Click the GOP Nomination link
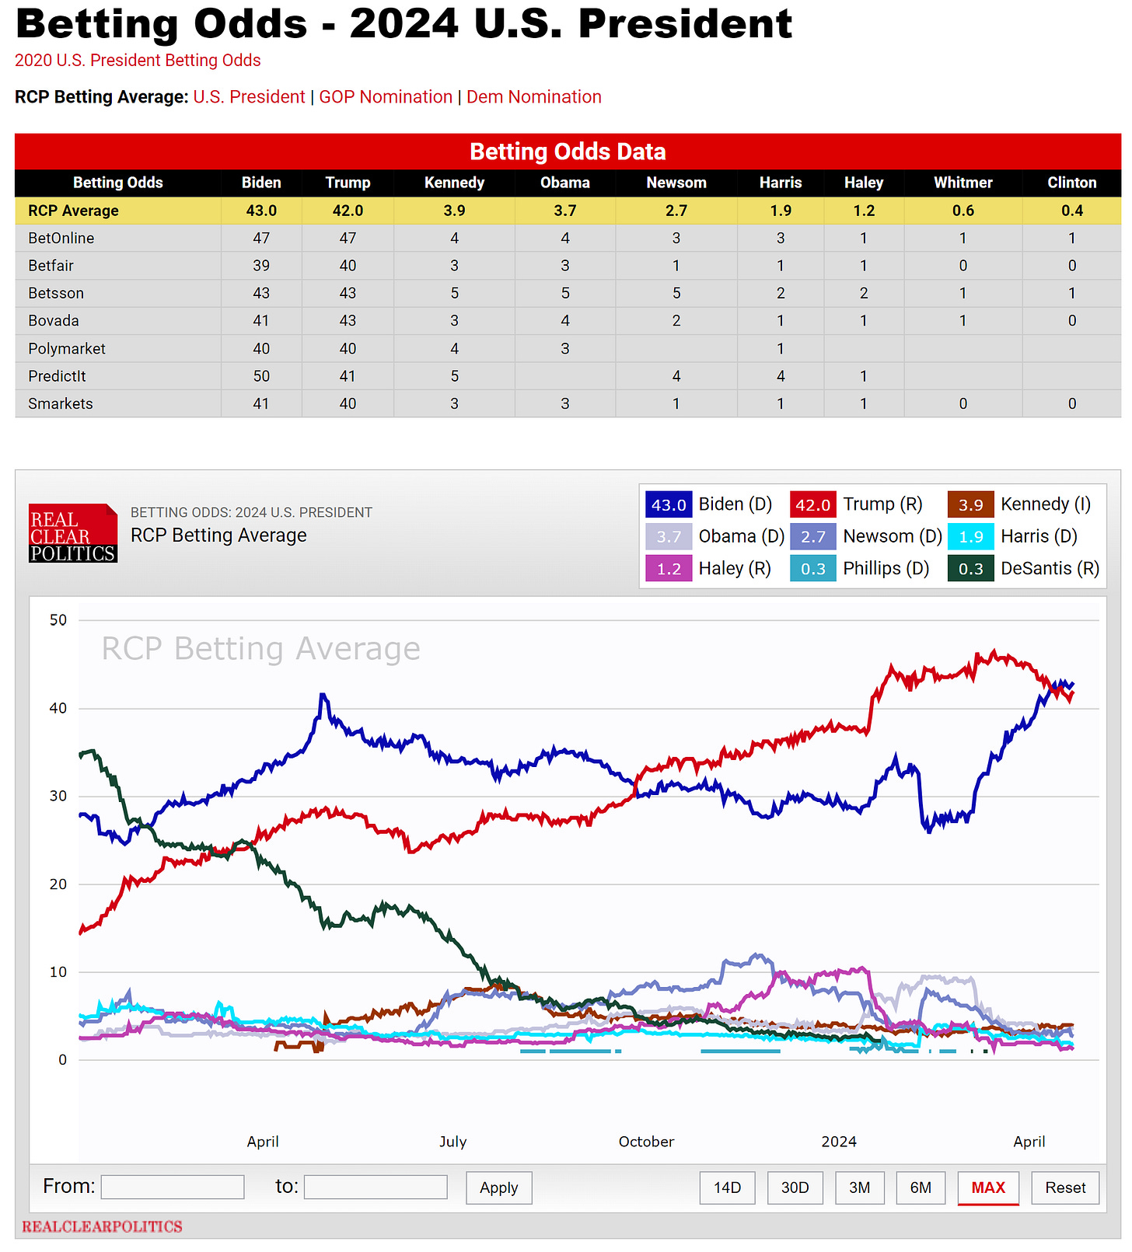pyautogui.click(x=386, y=97)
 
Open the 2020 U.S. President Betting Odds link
pyautogui.click(x=138, y=61)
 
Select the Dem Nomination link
pyautogui.click(x=533, y=97)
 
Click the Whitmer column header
pyautogui.click(x=963, y=183)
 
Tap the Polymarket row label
pyautogui.click(x=67, y=349)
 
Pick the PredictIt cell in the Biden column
pyautogui.click(x=261, y=376)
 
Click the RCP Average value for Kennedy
pyautogui.click(x=454, y=211)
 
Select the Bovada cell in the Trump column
pyautogui.click(x=348, y=321)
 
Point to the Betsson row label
pyautogui.click(x=56, y=294)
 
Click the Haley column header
pyautogui.click(x=863, y=183)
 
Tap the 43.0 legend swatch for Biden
pyautogui.click(x=668, y=505)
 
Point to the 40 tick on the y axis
pyautogui.click(x=58, y=708)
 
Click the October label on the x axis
pyautogui.click(x=646, y=1142)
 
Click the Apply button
pyautogui.click(x=498, y=1187)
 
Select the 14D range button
pyautogui.click(x=727, y=1187)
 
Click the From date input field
pyautogui.click(x=173, y=1187)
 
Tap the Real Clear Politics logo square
pyautogui.click(x=73, y=533)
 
